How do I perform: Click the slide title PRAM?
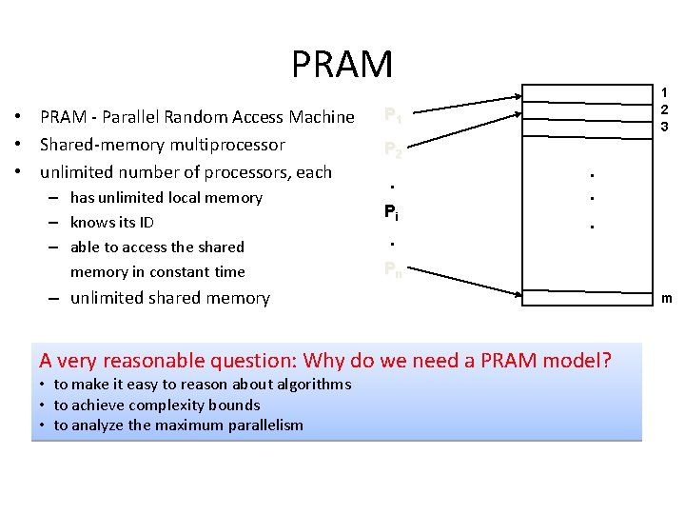click(x=342, y=65)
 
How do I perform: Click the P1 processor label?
click(x=392, y=116)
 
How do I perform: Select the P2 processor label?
click(x=392, y=149)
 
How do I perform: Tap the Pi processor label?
click(x=392, y=212)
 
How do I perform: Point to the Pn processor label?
click(x=392, y=269)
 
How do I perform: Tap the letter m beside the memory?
click(x=666, y=299)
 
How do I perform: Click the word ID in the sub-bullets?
click(x=147, y=222)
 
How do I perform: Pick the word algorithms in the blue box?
click(x=309, y=385)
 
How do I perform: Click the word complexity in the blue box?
click(x=166, y=405)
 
